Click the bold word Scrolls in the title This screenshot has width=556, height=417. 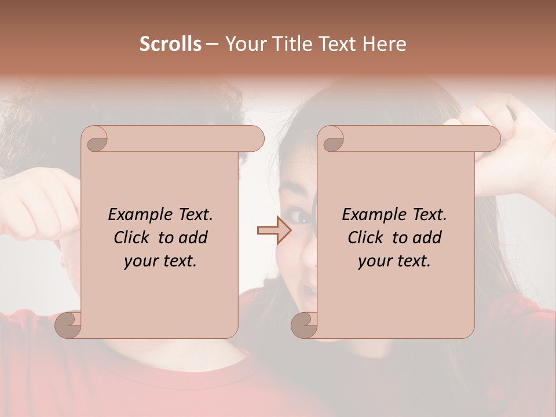tap(170, 44)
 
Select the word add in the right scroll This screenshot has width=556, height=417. tap(428, 237)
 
